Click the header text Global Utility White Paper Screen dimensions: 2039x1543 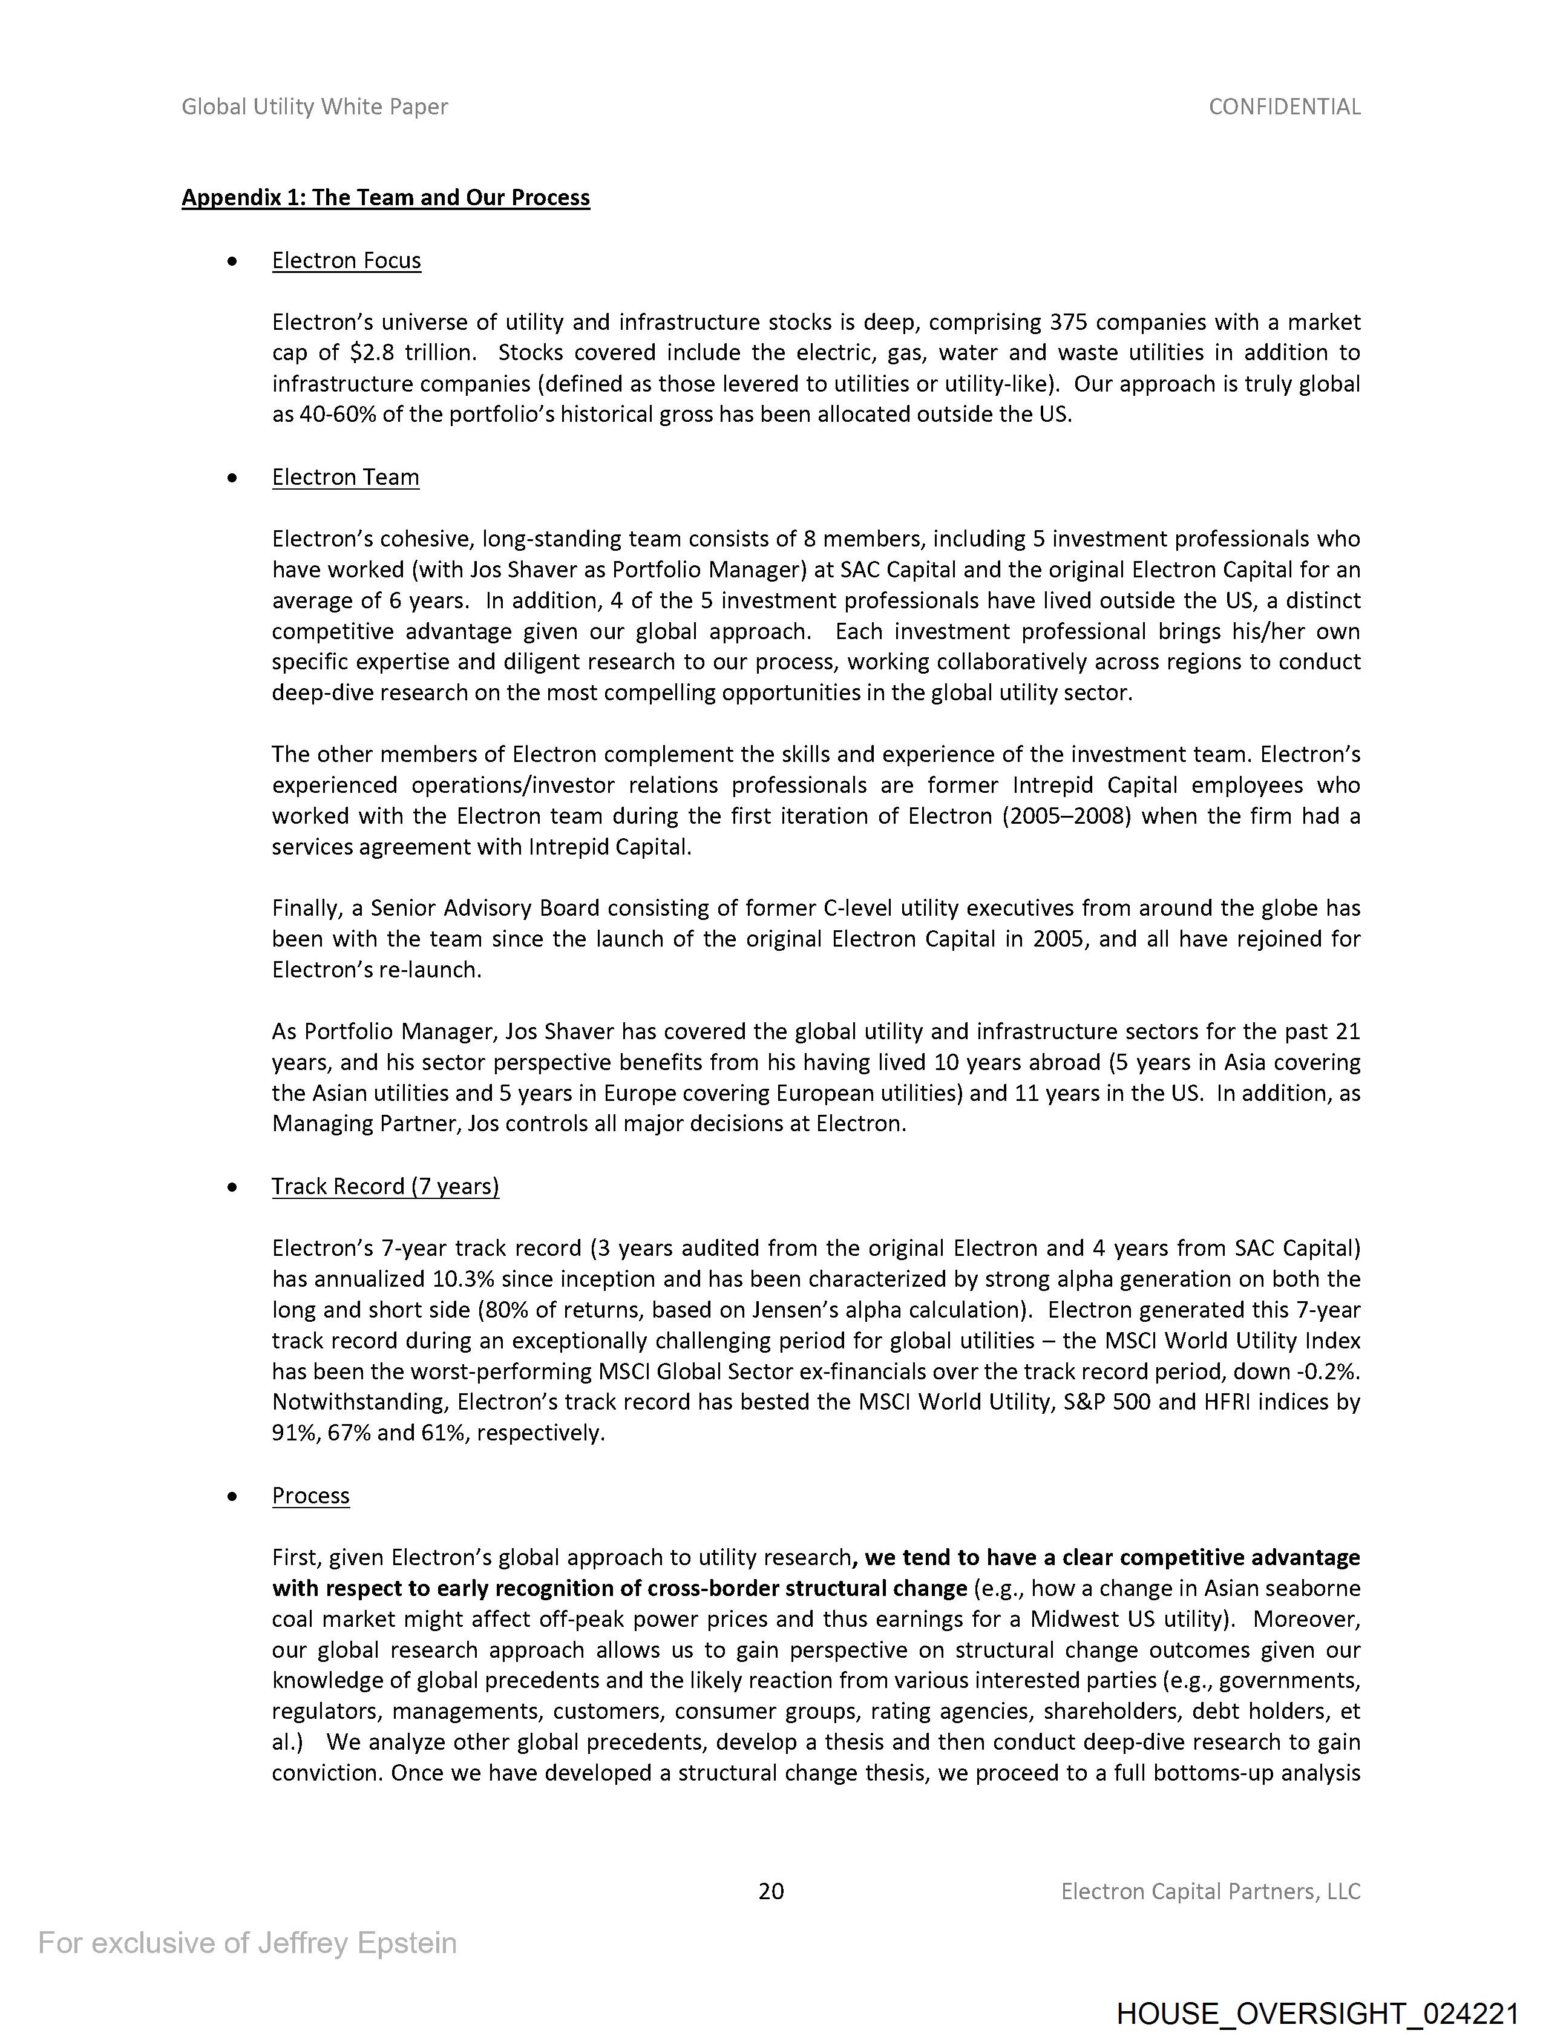pyautogui.click(x=314, y=107)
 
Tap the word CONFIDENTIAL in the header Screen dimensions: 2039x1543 pyautogui.click(x=1284, y=107)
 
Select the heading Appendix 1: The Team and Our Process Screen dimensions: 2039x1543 pyautogui.click(x=385, y=198)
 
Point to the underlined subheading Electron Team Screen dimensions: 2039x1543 pyautogui.click(x=345, y=478)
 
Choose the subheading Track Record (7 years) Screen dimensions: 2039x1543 pyautogui.click(x=385, y=1186)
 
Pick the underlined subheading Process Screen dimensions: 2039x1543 pyautogui.click(x=310, y=1495)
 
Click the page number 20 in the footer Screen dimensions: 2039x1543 pyautogui.click(x=770, y=1891)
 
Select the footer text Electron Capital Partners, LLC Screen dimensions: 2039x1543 pyautogui.click(x=1210, y=1891)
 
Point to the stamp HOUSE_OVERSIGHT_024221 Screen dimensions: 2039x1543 pyautogui.click(x=1317, y=2013)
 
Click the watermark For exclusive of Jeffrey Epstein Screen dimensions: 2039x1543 pyautogui.click(x=247, y=1942)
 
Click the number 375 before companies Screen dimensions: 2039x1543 pyautogui.click(x=1069, y=323)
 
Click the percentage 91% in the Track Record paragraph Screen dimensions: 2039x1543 pyautogui.click(x=293, y=1433)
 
